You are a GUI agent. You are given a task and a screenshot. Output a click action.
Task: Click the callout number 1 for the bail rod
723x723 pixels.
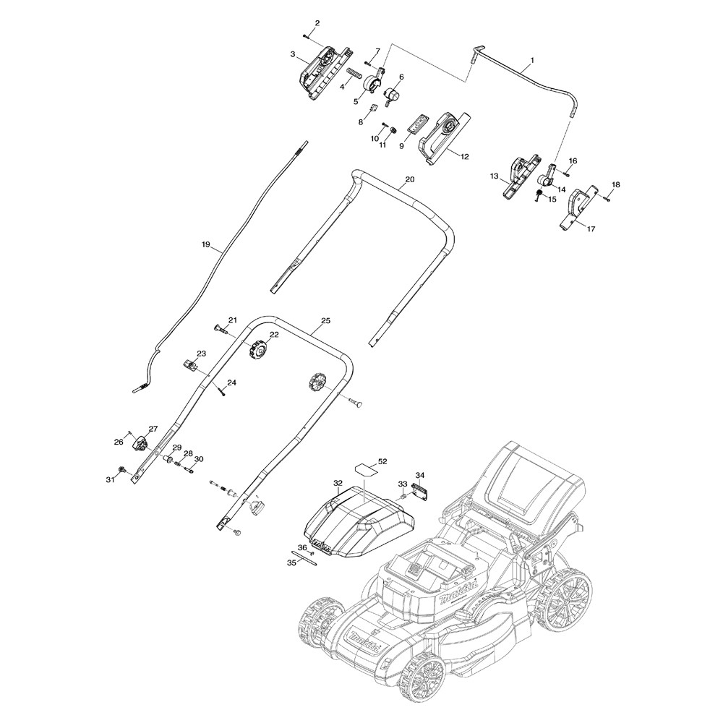[533, 60]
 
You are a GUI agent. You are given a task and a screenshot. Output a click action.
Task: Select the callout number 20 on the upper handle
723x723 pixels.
[409, 179]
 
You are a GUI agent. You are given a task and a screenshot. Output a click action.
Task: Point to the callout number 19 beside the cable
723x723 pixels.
[206, 245]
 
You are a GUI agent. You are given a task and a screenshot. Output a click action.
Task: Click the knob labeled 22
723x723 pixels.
[256, 351]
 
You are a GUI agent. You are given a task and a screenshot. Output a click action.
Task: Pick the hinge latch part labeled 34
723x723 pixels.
[421, 489]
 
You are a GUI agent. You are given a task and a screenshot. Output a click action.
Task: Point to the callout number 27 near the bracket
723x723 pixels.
[153, 429]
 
